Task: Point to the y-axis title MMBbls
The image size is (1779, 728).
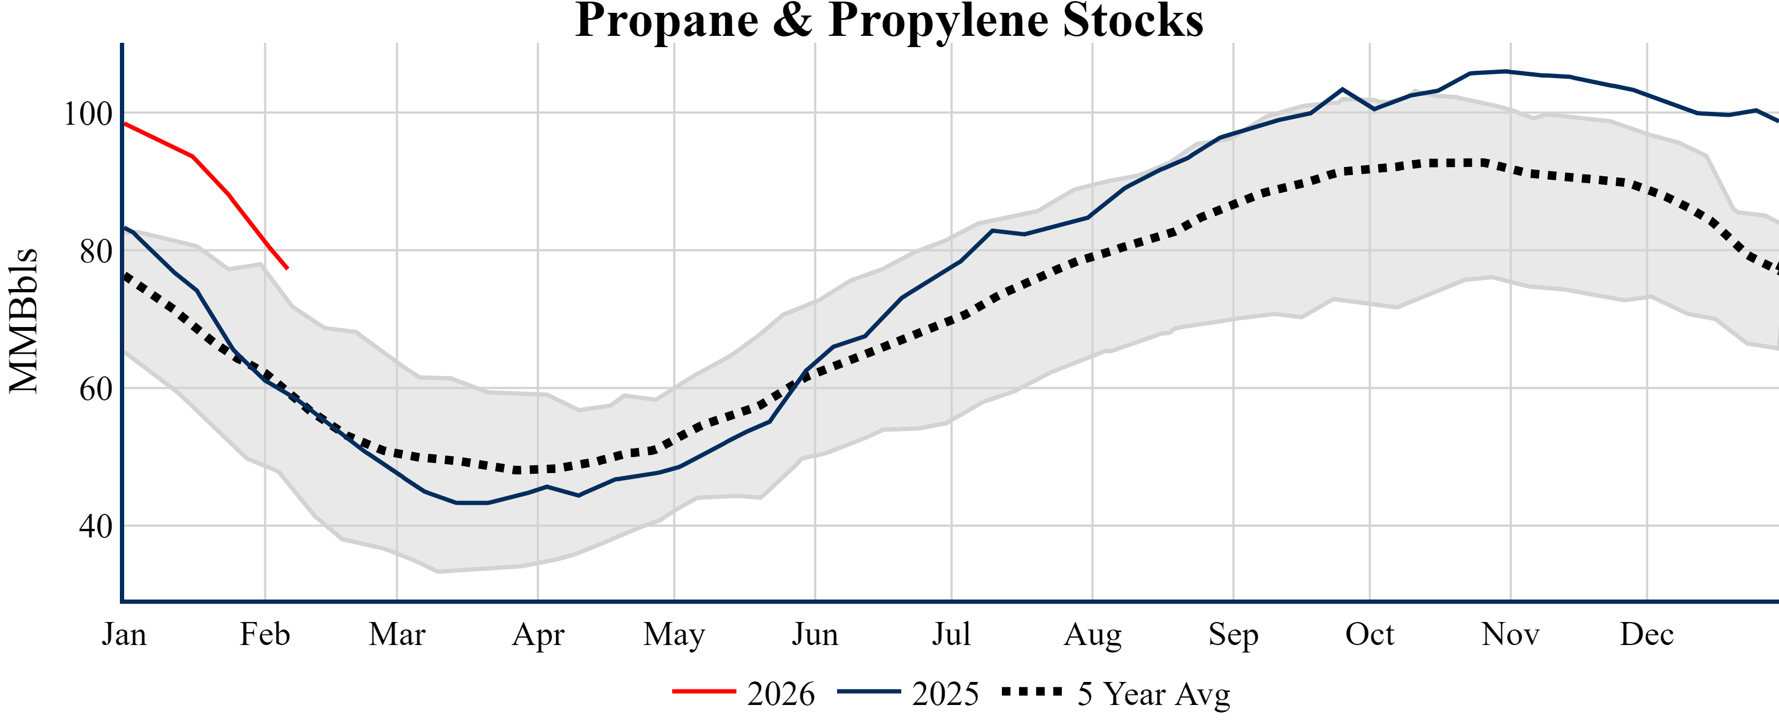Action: [x=24, y=321]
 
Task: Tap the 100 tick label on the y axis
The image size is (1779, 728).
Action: [x=88, y=114]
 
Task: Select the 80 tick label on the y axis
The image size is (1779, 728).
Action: [x=96, y=252]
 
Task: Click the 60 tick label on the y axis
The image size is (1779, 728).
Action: [x=96, y=390]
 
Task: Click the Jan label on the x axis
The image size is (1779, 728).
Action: [x=124, y=634]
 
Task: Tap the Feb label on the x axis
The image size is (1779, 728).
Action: [x=264, y=634]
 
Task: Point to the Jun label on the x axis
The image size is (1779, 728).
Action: [x=815, y=634]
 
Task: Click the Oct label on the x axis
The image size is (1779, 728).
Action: [x=1370, y=634]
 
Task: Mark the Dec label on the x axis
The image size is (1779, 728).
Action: [x=1647, y=634]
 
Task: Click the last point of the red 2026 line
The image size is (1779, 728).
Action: [x=287, y=268]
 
